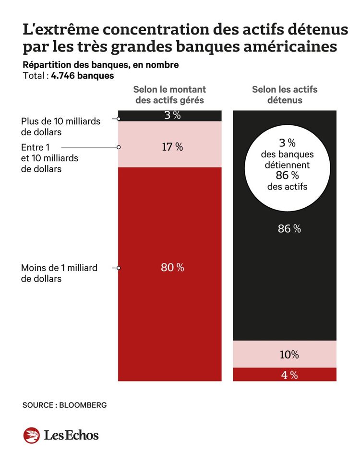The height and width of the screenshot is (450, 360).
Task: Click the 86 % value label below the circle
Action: click(289, 229)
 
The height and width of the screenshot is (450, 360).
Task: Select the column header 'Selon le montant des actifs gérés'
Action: click(169, 95)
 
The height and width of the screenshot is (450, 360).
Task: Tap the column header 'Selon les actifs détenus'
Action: click(285, 95)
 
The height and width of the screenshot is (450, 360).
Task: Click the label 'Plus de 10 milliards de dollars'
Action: click(60, 126)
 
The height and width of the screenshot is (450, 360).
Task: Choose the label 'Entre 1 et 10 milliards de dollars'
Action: click(50, 158)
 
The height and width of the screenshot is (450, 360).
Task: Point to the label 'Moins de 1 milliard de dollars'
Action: click(59, 273)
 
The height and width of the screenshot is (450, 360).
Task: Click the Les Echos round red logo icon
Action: click(31, 435)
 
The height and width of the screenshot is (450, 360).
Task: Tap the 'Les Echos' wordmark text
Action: click(71, 435)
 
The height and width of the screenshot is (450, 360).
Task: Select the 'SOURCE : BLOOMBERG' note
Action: click(64, 405)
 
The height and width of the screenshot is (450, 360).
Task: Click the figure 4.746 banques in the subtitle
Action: click(83, 76)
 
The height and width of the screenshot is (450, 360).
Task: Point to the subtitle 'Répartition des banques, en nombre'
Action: click(101, 65)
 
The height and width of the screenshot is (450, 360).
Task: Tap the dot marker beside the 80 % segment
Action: click(118, 268)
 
